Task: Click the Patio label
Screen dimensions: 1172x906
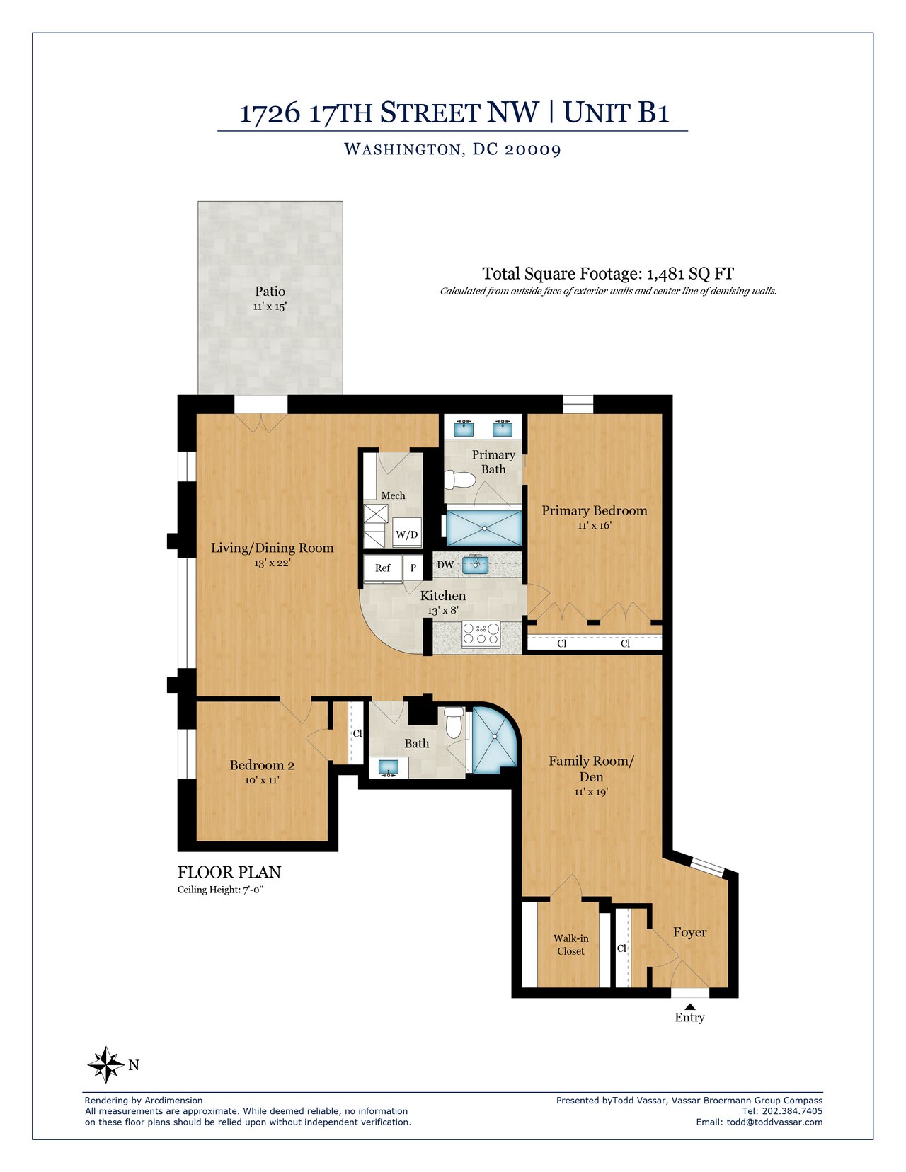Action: [x=270, y=292]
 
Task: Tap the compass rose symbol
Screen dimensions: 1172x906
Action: [x=105, y=1064]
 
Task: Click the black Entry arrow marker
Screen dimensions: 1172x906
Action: [x=689, y=1006]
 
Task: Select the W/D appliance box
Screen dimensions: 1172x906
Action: [x=406, y=534]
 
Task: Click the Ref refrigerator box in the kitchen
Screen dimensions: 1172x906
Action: [x=382, y=568]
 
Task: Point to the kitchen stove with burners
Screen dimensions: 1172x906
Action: [x=481, y=633]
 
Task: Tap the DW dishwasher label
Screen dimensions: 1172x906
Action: [x=445, y=565]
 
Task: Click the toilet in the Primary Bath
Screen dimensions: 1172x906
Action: [x=459, y=480]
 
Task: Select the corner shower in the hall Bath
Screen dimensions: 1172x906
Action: [x=493, y=741]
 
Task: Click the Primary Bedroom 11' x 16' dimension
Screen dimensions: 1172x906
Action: [x=594, y=526]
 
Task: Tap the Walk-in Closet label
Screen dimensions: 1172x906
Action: [x=570, y=945]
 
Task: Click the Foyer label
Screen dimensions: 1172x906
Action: [x=689, y=932]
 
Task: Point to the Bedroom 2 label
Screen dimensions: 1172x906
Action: [x=262, y=765]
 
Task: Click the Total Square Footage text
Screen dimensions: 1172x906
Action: [x=607, y=274]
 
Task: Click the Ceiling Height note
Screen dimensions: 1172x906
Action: [x=220, y=890]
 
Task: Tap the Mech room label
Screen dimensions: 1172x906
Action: [x=393, y=495]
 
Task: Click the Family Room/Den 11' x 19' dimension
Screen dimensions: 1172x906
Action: [x=591, y=793]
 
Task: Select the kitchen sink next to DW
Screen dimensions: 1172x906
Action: [x=476, y=564]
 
